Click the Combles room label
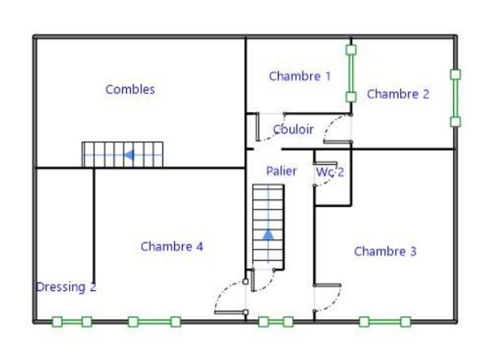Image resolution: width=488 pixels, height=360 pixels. coord(129,90)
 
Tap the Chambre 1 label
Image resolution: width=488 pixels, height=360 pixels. coord(299,76)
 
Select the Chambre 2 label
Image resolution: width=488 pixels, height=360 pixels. coord(398,94)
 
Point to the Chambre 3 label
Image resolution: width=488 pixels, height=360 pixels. coord(385,252)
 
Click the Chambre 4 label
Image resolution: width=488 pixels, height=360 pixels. coord(172,246)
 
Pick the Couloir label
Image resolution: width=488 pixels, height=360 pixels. coord(293,129)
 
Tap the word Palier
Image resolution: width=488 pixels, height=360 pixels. coord(281,171)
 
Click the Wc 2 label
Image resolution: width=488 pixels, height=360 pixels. coord(329,172)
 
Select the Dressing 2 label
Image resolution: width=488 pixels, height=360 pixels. coord(66,287)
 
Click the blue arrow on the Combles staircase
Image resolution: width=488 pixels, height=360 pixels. coord(129,154)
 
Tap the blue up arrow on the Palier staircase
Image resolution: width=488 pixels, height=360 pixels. coord(268,235)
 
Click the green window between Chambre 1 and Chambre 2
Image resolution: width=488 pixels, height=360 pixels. coord(351,73)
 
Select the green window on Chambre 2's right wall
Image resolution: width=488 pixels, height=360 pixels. coord(455,98)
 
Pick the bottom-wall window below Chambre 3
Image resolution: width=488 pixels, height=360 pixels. coord(385,322)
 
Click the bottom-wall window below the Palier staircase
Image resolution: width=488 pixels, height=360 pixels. coord(275,322)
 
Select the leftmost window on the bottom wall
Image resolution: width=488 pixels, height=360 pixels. coord(72,322)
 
